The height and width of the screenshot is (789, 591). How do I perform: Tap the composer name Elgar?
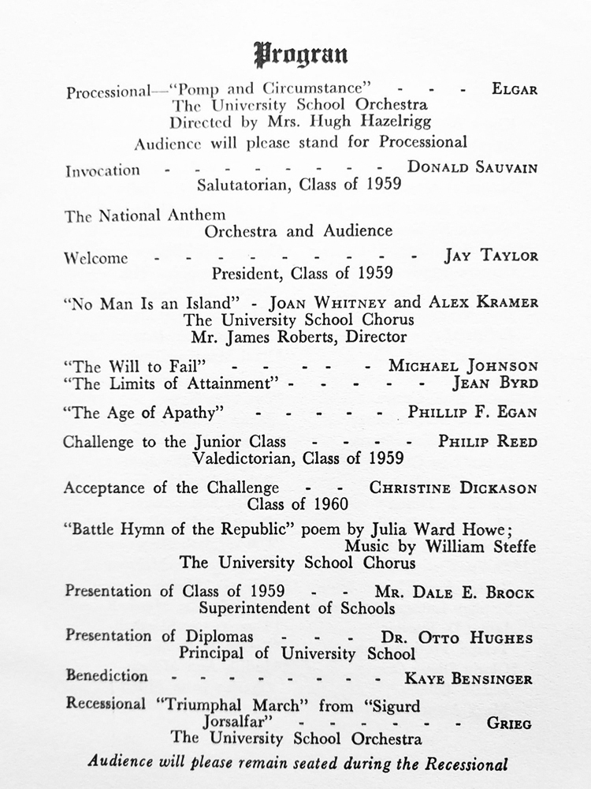[x=515, y=89]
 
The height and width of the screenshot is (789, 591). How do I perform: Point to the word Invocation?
[x=102, y=170]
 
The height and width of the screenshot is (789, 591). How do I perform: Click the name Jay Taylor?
[x=491, y=256]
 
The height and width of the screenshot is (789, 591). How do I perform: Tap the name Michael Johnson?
[x=463, y=365]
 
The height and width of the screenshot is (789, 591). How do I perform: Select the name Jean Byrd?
[x=495, y=384]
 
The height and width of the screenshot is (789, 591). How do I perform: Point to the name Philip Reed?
[x=488, y=441]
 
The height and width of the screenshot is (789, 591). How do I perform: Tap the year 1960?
[x=330, y=503]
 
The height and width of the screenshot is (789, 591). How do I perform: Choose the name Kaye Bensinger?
[x=469, y=678]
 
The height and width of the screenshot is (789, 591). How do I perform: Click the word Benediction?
[x=106, y=676]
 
